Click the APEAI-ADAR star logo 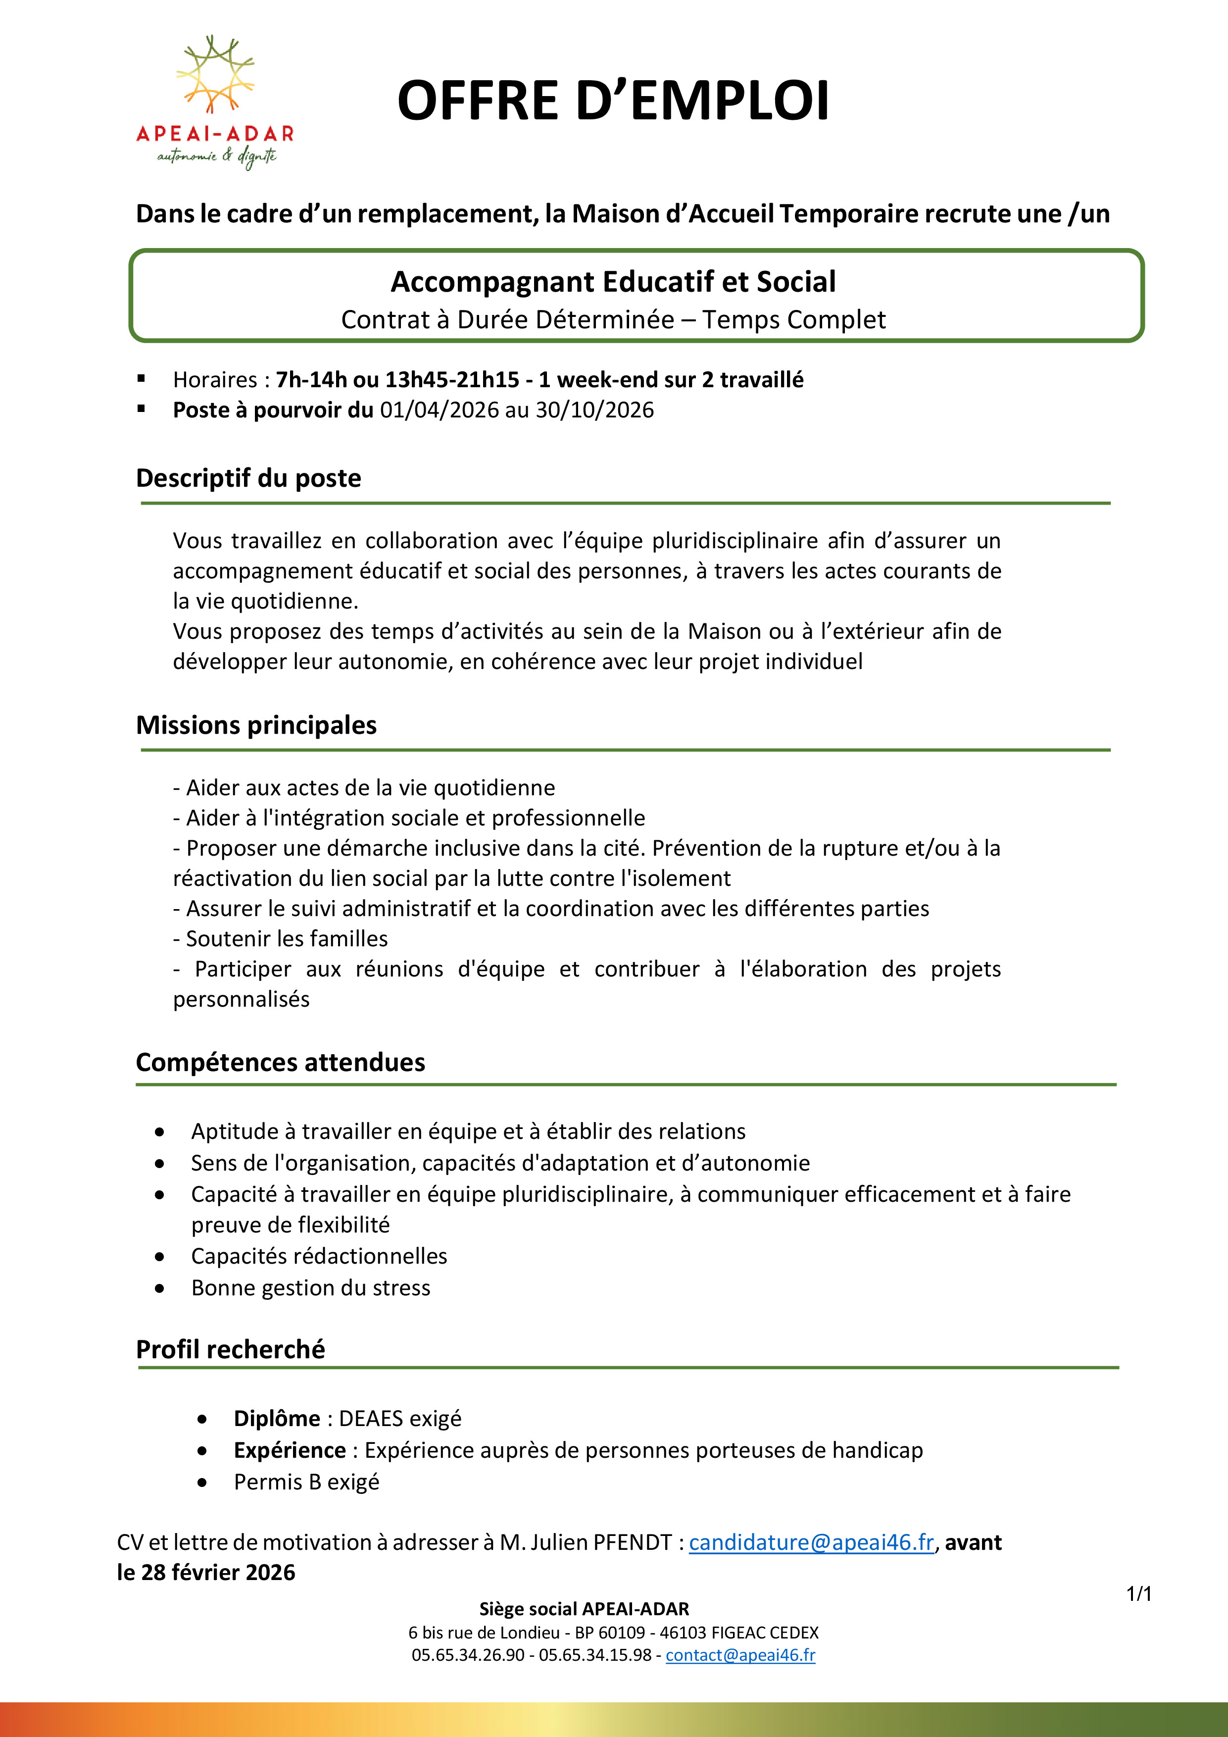pyautogui.click(x=215, y=76)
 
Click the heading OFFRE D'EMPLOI pyautogui.click(x=612, y=100)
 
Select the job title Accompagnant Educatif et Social pyautogui.click(x=612, y=281)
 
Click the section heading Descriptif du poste pyautogui.click(x=248, y=478)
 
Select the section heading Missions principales pyautogui.click(x=255, y=725)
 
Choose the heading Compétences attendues pyautogui.click(x=280, y=1062)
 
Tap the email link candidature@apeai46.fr pyautogui.click(x=811, y=1542)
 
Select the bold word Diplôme pyautogui.click(x=277, y=1419)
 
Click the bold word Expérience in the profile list pyautogui.click(x=290, y=1450)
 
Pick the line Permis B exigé pyautogui.click(x=306, y=1482)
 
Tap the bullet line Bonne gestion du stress pyautogui.click(x=310, y=1287)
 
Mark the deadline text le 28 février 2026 pyautogui.click(x=206, y=1572)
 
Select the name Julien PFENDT pyautogui.click(x=601, y=1542)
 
